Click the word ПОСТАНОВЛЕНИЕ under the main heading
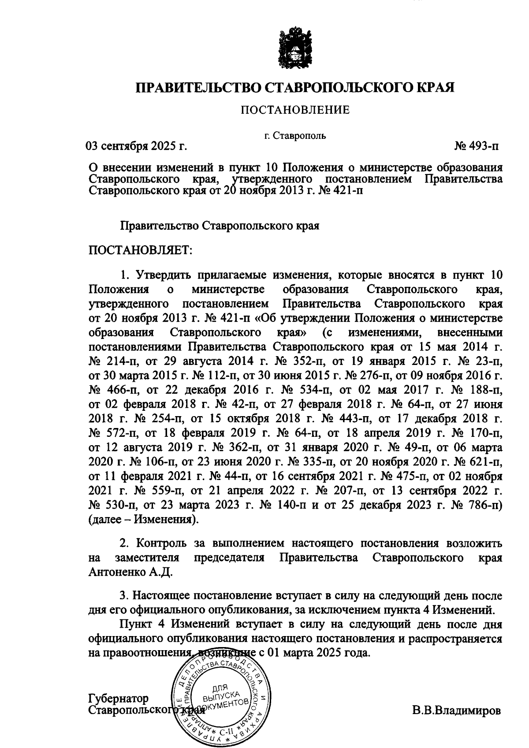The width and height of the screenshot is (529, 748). coord(295,110)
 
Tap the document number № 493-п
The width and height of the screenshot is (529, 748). coord(477,146)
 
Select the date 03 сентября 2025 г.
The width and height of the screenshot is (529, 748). coord(136,146)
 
